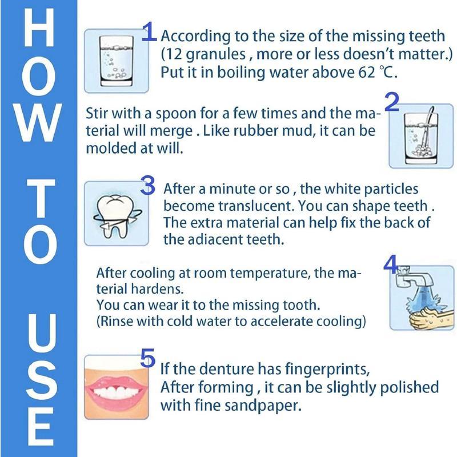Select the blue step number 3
(x=148, y=186)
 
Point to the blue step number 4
(x=390, y=264)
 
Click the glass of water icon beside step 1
(x=113, y=61)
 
